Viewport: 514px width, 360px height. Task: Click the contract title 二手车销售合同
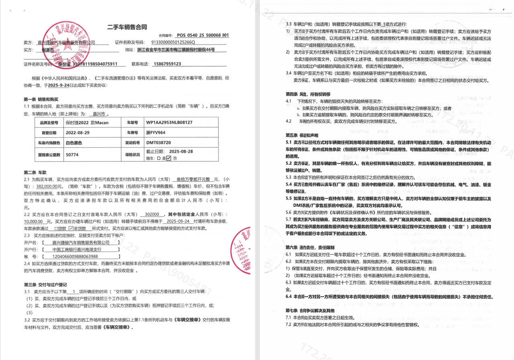[127, 27]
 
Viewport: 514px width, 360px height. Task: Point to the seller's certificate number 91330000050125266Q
[173, 42]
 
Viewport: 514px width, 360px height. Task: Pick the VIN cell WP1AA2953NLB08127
[169, 122]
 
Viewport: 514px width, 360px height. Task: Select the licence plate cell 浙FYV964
[156, 132]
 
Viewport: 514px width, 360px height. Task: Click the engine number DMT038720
[159, 143]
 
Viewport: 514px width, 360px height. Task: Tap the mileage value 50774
[72, 154]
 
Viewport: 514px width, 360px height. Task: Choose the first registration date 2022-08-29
[78, 132]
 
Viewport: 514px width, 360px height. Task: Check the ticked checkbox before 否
[169, 158]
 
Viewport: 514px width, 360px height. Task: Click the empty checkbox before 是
[159, 158]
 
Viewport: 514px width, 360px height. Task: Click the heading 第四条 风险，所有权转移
[308, 94]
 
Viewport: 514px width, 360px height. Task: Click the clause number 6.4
[288, 297]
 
